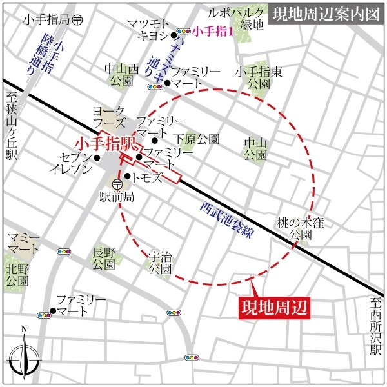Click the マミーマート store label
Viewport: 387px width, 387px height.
[23, 244]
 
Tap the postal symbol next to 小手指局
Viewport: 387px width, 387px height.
[77, 20]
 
